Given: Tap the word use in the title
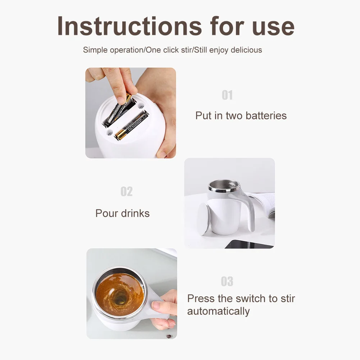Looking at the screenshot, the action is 273,28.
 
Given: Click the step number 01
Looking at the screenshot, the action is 227,95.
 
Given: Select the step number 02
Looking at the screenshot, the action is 127,191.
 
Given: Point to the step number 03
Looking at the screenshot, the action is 227,281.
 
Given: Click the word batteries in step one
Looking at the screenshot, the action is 266,115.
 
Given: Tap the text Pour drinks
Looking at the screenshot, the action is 122,213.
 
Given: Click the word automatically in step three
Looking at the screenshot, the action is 218,311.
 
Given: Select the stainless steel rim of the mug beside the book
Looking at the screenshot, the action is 224,186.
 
